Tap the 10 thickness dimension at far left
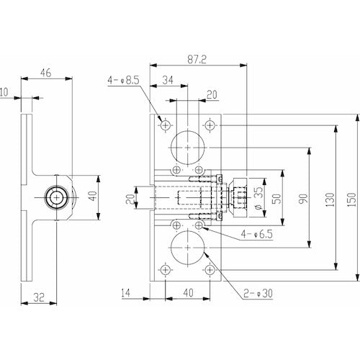point(4,92)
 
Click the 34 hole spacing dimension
point(168,79)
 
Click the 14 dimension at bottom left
point(127,292)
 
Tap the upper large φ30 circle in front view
point(187,147)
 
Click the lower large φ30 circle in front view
point(187,247)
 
